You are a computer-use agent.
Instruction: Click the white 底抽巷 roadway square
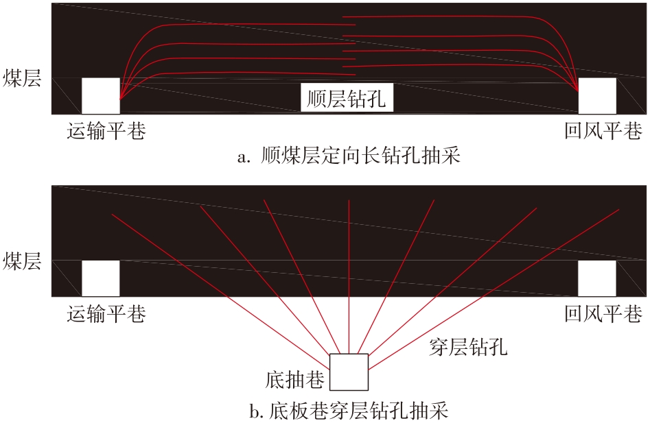point(349,372)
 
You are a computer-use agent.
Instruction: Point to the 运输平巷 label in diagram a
point(106,131)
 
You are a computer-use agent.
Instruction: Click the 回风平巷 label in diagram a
point(603,131)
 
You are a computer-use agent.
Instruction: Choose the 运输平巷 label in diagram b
point(106,314)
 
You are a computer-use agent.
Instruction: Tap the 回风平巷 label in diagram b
point(603,314)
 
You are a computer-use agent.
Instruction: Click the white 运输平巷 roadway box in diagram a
point(101,95)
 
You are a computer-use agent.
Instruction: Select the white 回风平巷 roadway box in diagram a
point(597,95)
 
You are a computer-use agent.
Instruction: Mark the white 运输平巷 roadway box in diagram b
point(101,278)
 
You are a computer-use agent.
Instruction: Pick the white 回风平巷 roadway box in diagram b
point(597,278)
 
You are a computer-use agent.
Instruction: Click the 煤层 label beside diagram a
point(22,79)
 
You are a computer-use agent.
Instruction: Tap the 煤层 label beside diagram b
point(22,262)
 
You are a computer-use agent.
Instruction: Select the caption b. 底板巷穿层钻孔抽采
point(349,412)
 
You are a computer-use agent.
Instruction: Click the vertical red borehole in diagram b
point(349,274)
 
